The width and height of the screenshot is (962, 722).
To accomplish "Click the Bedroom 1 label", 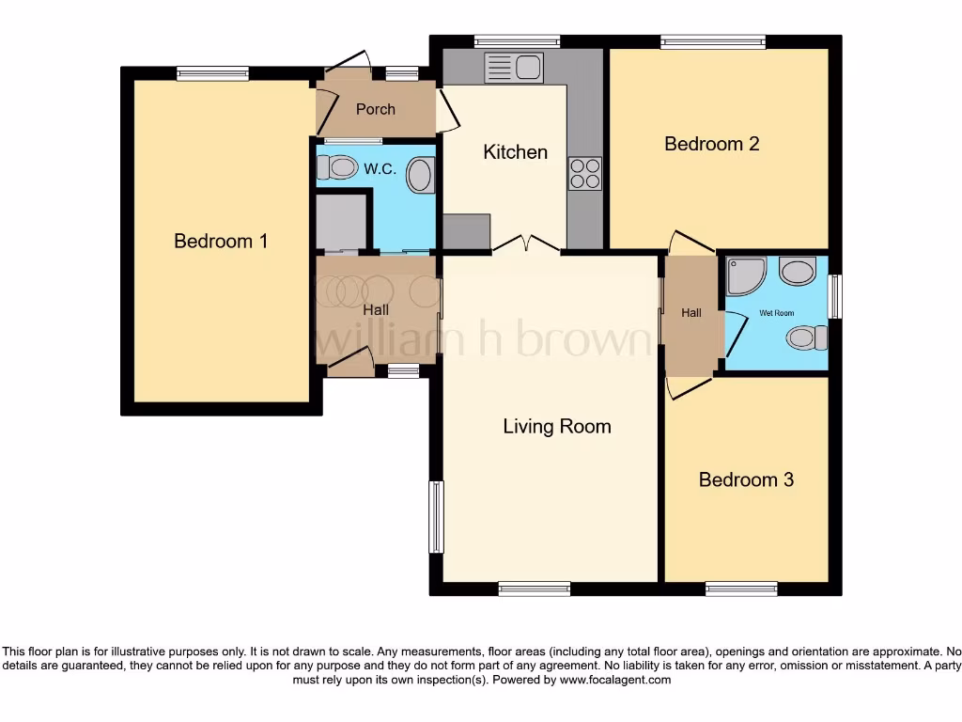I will [221, 242].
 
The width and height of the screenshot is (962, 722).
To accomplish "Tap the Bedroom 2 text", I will [711, 144].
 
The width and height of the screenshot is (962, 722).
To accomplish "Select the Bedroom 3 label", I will [746, 479].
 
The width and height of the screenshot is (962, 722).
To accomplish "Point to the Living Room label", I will [557, 427].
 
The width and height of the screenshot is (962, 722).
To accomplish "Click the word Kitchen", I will [515, 152].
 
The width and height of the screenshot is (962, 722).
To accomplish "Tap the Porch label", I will [375, 109].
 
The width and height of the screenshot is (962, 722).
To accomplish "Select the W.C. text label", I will [379, 169].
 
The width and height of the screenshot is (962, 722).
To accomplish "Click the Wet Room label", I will [776, 313].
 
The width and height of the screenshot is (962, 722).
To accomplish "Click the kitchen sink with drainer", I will [513, 68].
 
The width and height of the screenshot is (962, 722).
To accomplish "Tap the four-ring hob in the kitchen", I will [584, 173].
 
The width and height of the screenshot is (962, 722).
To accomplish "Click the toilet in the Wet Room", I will [806, 337].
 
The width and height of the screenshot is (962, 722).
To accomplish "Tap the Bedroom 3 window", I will [741, 589].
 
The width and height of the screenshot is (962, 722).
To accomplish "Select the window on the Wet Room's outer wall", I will [835, 296].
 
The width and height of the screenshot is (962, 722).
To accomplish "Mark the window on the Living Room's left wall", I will [436, 517].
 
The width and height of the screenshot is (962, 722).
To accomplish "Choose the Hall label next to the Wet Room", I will [691, 313].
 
